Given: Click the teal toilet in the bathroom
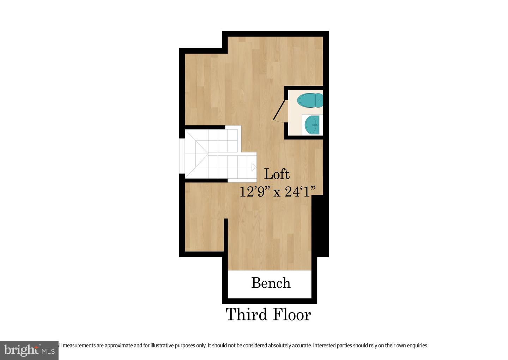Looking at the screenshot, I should click(x=310, y=100).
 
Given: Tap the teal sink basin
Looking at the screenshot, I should click(x=312, y=125).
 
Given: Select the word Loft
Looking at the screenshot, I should click(x=277, y=174).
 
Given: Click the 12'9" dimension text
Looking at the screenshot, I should click(x=255, y=192).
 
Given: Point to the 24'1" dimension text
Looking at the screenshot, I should click(x=300, y=192).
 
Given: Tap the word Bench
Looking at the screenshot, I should click(x=271, y=283).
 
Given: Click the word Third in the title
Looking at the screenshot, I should click(x=246, y=314).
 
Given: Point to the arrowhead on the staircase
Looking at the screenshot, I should click(x=254, y=167).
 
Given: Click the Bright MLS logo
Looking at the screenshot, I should click(x=29, y=350).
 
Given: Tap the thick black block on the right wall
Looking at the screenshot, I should click(x=320, y=226).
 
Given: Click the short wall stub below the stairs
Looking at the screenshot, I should click(x=226, y=235).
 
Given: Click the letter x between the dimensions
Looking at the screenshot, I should click(x=277, y=193).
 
